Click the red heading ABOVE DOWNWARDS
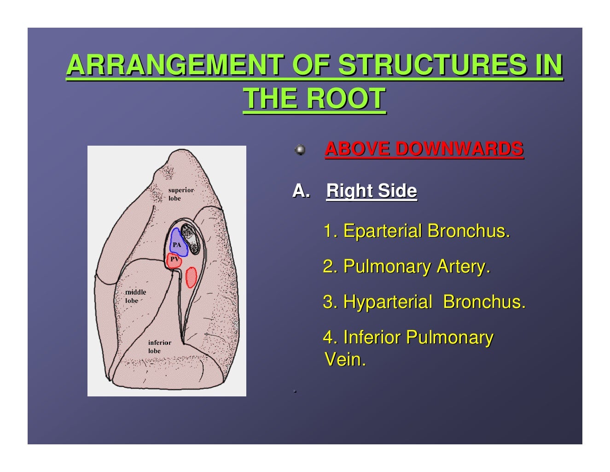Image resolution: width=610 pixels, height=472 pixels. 424,149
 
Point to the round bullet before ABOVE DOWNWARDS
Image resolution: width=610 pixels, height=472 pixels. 300,150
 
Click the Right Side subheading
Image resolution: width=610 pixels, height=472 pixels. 371,191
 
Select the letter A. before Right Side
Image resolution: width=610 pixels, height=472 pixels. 301,190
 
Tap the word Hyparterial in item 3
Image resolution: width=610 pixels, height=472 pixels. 387,302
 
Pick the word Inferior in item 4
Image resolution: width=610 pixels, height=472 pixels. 372,337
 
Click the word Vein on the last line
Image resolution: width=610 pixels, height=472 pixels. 345,360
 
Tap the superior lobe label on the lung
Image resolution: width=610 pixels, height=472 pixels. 180,194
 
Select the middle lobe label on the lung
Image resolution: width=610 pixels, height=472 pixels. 135,296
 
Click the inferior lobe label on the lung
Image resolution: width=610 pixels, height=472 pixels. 159,347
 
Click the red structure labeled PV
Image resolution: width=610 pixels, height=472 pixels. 174,260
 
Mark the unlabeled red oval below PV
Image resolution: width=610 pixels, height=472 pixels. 191,277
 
